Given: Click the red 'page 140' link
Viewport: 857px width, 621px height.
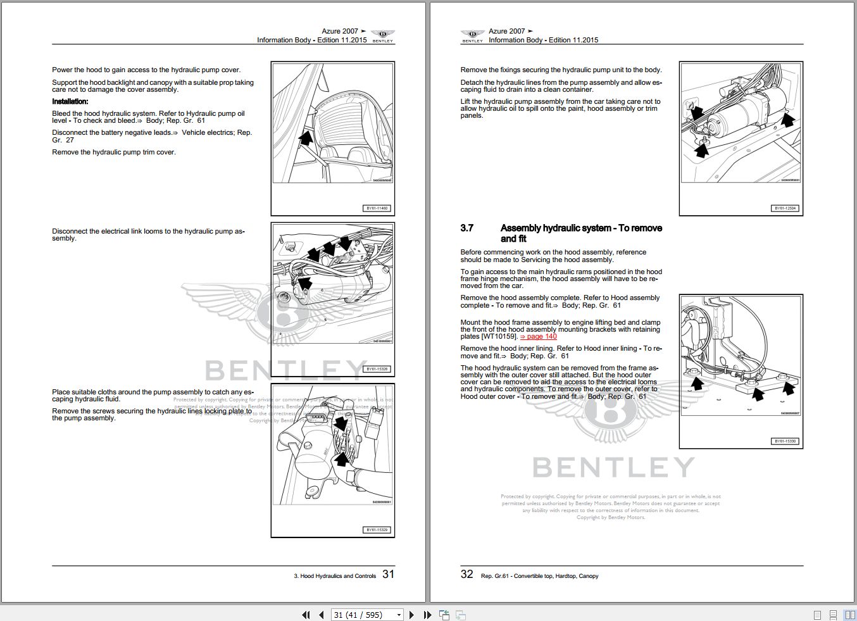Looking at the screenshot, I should tap(539, 337).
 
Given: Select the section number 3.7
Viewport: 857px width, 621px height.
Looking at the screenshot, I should tap(467, 229).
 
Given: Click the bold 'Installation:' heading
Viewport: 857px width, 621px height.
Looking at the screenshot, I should tap(70, 101).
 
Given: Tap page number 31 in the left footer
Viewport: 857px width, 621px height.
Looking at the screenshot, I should tap(388, 574).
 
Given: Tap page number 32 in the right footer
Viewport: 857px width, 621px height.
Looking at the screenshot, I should tap(467, 574).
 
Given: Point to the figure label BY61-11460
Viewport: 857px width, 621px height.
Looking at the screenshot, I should tap(377, 208).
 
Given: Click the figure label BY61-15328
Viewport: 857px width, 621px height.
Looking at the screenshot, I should tap(377, 369).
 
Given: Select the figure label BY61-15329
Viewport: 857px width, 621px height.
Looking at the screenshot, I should tap(377, 530).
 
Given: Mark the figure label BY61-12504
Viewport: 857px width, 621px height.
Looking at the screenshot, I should tap(785, 208).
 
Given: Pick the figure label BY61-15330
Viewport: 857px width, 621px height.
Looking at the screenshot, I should tap(785, 441).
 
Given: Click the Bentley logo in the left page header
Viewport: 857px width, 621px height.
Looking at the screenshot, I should tap(382, 35).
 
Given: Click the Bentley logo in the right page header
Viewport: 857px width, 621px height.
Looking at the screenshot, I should tap(472, 35).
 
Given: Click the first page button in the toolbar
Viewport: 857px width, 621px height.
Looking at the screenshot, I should tap(306, 615).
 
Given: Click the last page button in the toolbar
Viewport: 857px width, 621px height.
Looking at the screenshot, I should tap(427, 615).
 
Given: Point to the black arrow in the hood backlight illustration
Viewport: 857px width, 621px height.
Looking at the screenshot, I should tap(305, 138).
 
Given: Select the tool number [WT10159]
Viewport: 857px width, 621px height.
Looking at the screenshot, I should tap(499, 337).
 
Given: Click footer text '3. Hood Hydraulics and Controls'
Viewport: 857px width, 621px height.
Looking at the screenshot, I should tap(335, 576).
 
